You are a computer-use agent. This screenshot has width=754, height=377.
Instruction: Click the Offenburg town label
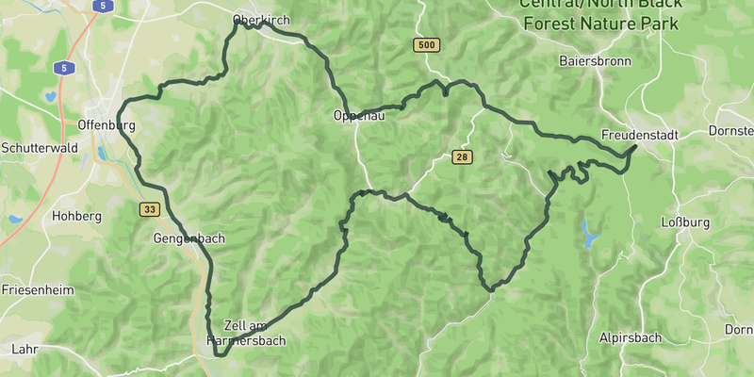point(108,124)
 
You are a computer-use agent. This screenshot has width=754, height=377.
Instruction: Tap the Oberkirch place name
point(261,20)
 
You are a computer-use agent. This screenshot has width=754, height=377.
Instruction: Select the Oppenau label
point(359,116)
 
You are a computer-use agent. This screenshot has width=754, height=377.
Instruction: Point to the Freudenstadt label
point(640,135)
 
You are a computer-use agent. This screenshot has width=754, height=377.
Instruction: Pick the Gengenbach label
point(189,238)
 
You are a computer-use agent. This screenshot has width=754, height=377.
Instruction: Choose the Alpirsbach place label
point(630,337)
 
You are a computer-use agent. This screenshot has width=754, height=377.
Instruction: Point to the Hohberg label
point(76,216)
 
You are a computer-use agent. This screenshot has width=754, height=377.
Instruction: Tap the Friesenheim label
point(37,290)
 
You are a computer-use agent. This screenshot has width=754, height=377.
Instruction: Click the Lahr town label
point(25,349)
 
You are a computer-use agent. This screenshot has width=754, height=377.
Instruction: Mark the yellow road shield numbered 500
point(426,44)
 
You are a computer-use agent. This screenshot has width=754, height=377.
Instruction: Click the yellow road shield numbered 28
point(461,156)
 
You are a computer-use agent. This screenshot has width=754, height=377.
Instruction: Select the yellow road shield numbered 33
point(150,209)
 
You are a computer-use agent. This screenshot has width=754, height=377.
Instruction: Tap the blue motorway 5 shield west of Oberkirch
point(63,68)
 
